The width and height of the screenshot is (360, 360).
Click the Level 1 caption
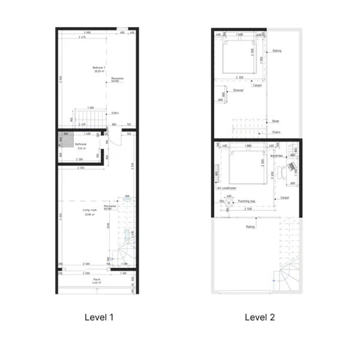point(98,317)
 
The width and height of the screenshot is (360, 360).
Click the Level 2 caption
point(259,317)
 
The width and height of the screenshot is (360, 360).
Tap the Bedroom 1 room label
point(99,67)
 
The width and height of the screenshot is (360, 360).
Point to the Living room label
point(90,210)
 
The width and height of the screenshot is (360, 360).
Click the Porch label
point(96,280)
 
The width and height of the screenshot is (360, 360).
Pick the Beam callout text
point(275,121)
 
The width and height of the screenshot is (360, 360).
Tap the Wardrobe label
point(276,156)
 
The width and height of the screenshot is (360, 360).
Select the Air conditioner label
point(226,188)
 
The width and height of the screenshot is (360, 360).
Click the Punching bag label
point(247,202)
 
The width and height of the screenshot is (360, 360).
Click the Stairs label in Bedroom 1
point(115,113)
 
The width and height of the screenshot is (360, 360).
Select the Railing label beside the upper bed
point(277,51)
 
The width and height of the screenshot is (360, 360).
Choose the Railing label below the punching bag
point(251,227)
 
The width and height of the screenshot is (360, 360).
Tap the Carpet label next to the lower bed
point(284,197)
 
